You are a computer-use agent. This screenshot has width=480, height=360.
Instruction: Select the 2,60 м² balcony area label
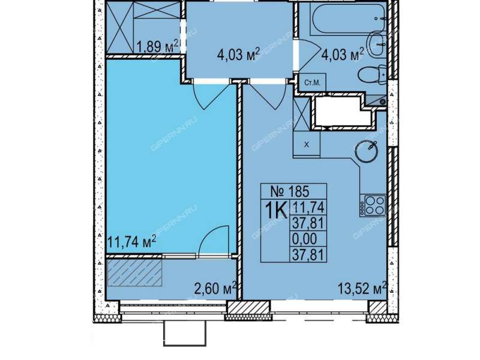[x=216, y=288]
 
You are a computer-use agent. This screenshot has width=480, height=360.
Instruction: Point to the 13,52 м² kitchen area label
[x=362, y=288]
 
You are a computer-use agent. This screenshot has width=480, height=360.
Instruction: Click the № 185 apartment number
[x=290, y=191]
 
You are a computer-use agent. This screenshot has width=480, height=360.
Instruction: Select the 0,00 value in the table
[x=305, y=239]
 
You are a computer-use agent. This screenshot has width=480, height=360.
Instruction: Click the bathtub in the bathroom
[x=348, y=19]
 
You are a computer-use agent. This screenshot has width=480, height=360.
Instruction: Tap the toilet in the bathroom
[x=373, y=74]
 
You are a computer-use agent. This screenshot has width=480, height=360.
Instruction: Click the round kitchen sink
[x=367, y=151]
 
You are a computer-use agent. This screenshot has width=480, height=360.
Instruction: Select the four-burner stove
[x=373, y=205]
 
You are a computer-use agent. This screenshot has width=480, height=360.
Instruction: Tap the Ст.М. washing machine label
[x=312, y=82]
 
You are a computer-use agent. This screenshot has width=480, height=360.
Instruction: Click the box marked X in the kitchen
[x=307, y=145]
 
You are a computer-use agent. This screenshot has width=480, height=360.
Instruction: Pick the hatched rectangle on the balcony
[x=134, y=273]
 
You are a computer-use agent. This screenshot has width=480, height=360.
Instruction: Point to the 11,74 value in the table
[x=308, y=208]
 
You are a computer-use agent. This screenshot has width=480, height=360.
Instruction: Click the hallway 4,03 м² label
[x=238, y=55]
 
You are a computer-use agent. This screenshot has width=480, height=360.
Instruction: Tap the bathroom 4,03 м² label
[x=343, y=55]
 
